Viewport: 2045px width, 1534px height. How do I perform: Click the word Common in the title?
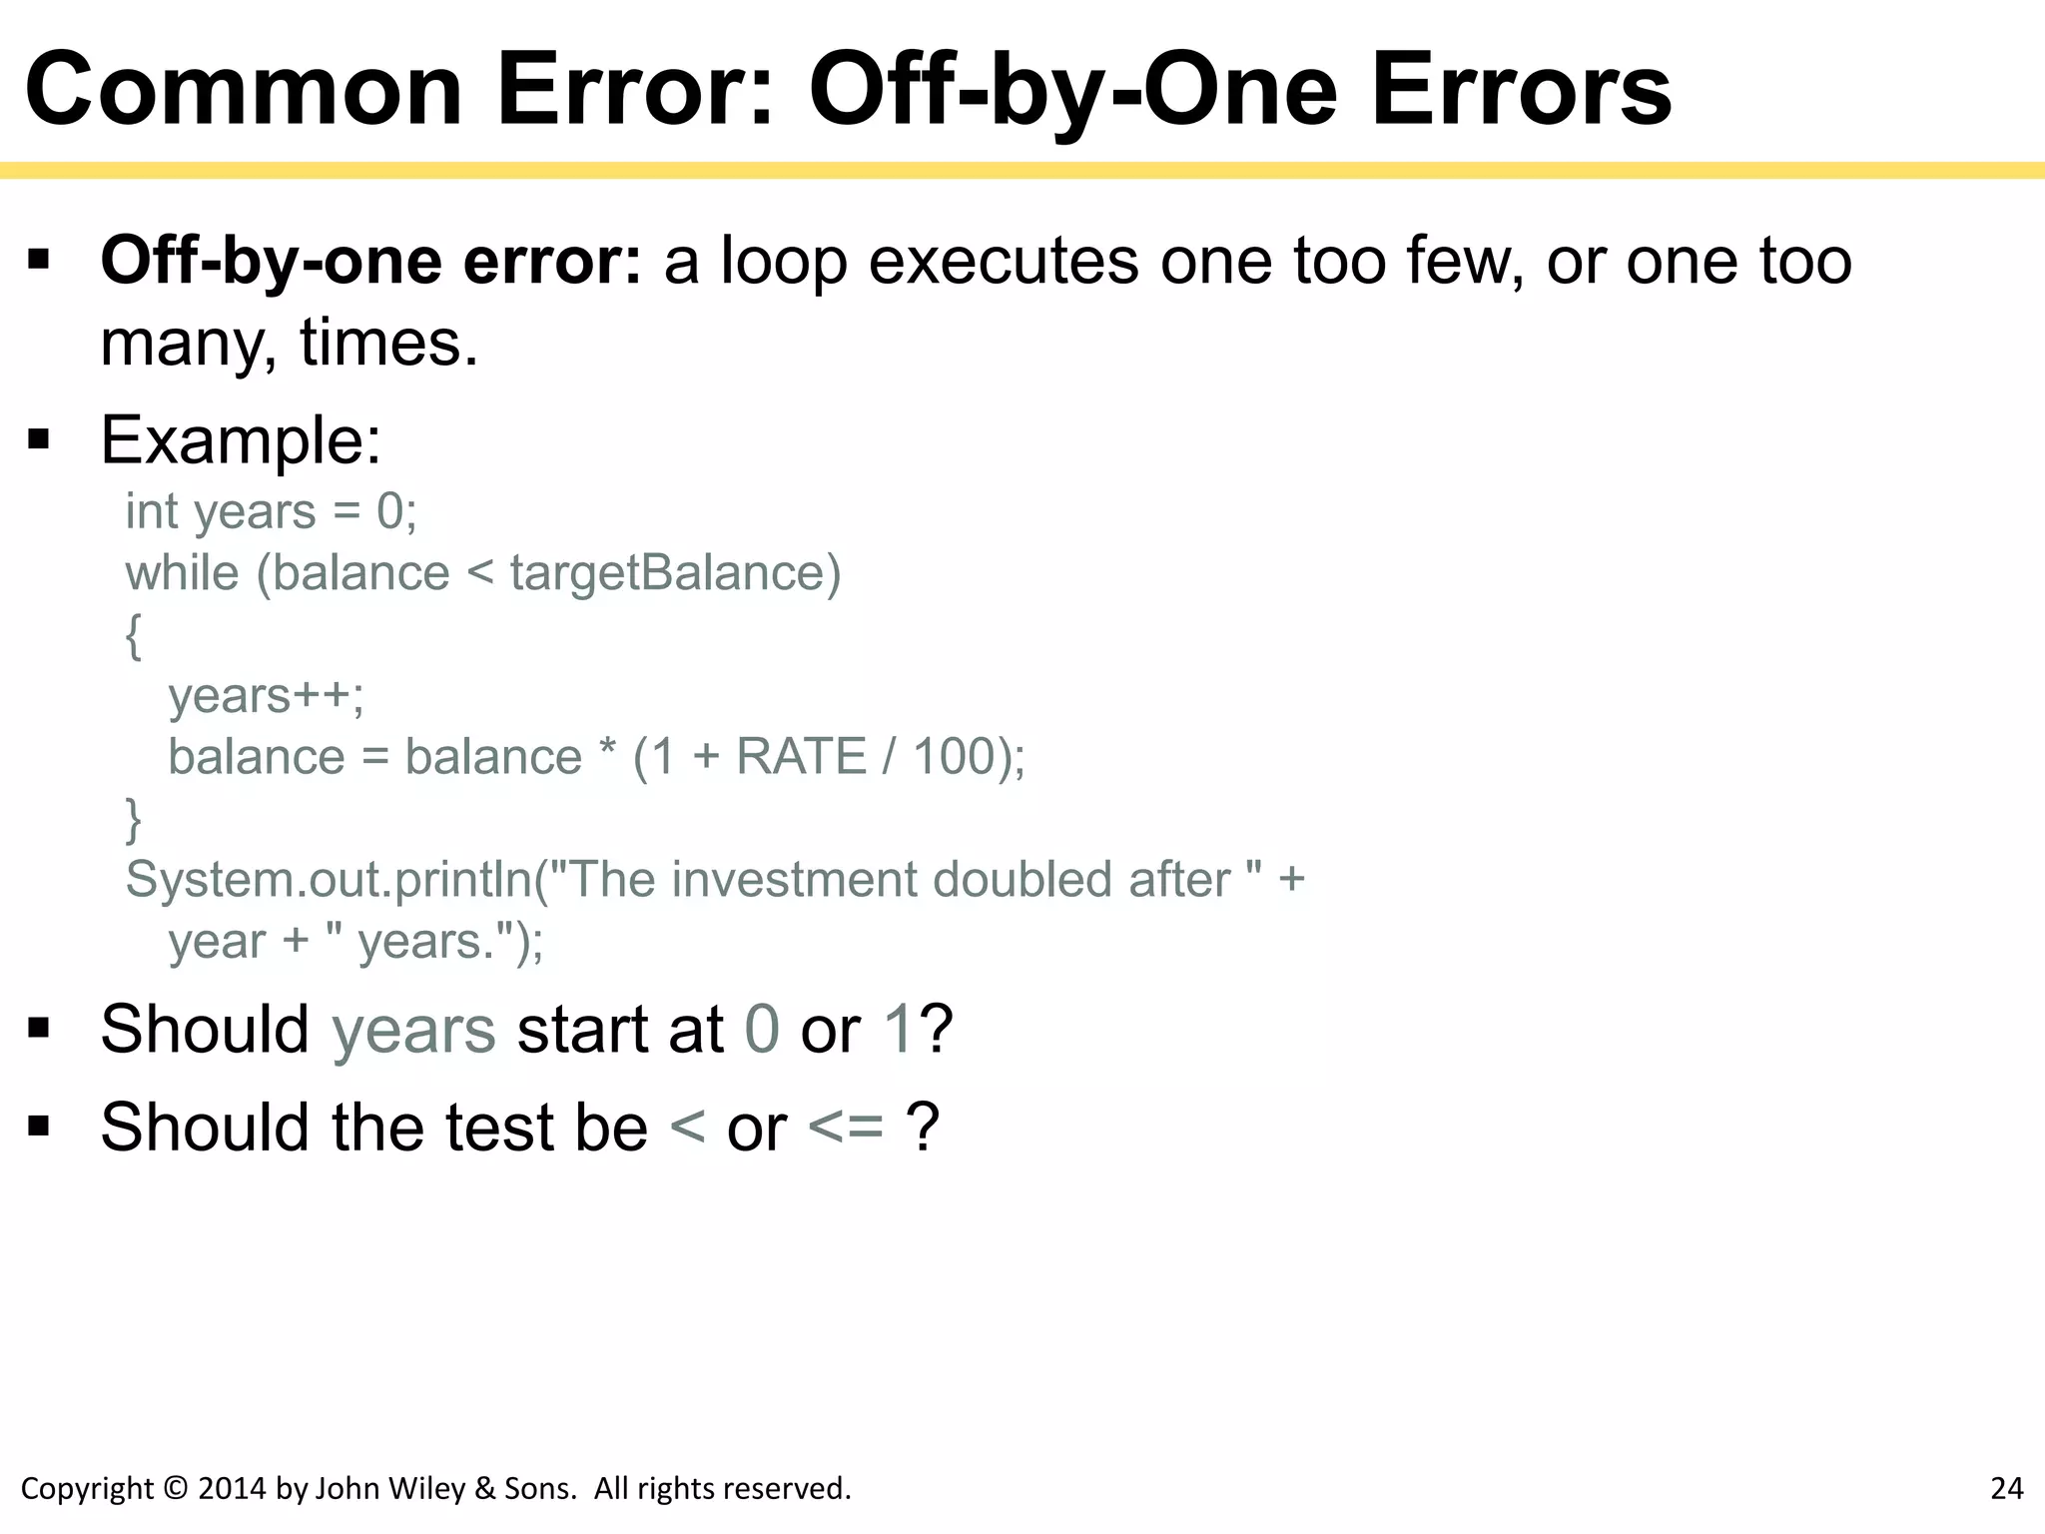(244, 92)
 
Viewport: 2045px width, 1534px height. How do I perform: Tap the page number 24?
(2006, 1488)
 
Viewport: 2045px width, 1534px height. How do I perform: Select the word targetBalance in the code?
(675, 573)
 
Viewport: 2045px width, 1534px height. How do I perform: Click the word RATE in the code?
(801, 756)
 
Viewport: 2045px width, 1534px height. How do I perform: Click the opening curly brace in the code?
(134, 635)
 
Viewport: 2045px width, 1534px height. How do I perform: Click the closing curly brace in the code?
(134, 819)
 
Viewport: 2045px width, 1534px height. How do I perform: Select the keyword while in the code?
(183, 573)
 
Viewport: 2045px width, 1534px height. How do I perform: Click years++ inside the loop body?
(266, 695)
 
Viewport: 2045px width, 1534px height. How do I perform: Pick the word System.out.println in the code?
(330, 880)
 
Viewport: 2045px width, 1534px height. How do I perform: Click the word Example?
(241, 439)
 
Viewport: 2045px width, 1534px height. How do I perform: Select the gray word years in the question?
(413, 1029)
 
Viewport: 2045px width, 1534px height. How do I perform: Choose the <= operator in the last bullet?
(846, 1128)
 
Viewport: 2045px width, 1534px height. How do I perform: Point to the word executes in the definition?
(1004, 262)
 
